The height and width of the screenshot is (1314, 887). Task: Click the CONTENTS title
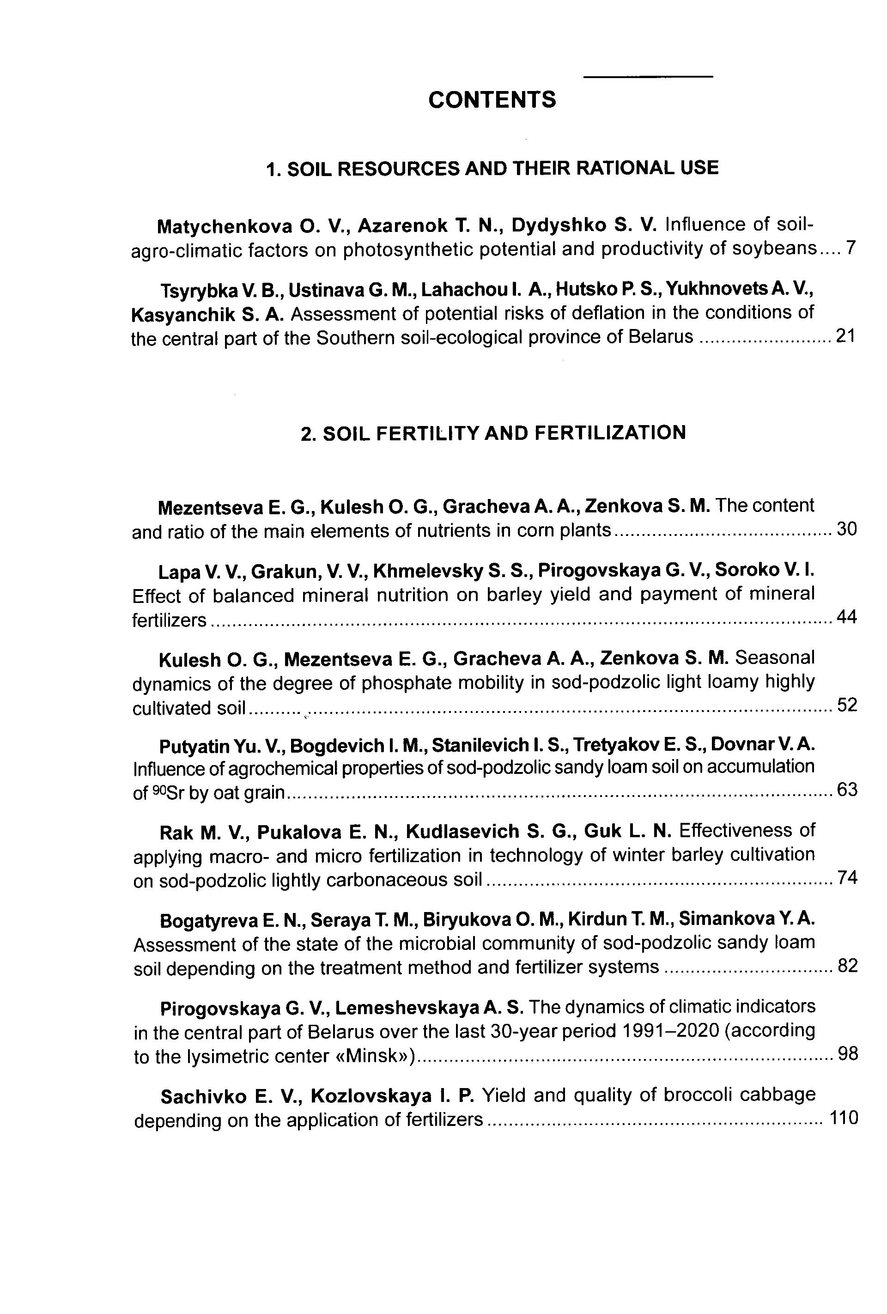click(x=492, y=100)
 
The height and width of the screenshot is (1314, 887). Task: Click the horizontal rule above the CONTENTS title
click(x=647, y=76)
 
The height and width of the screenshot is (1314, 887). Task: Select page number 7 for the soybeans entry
click(x=851, y=248)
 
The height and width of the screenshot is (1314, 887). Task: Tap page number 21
click(x=846, y=336)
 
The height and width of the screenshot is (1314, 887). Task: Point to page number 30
click(x=847, y=529)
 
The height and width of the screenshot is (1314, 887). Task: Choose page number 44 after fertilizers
click(x=847, y=617)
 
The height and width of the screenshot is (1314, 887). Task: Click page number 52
click(x=847, y=705)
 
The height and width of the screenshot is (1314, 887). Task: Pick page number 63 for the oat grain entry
click(x=847, y=789)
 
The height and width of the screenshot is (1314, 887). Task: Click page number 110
click(x=844, y=1118)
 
